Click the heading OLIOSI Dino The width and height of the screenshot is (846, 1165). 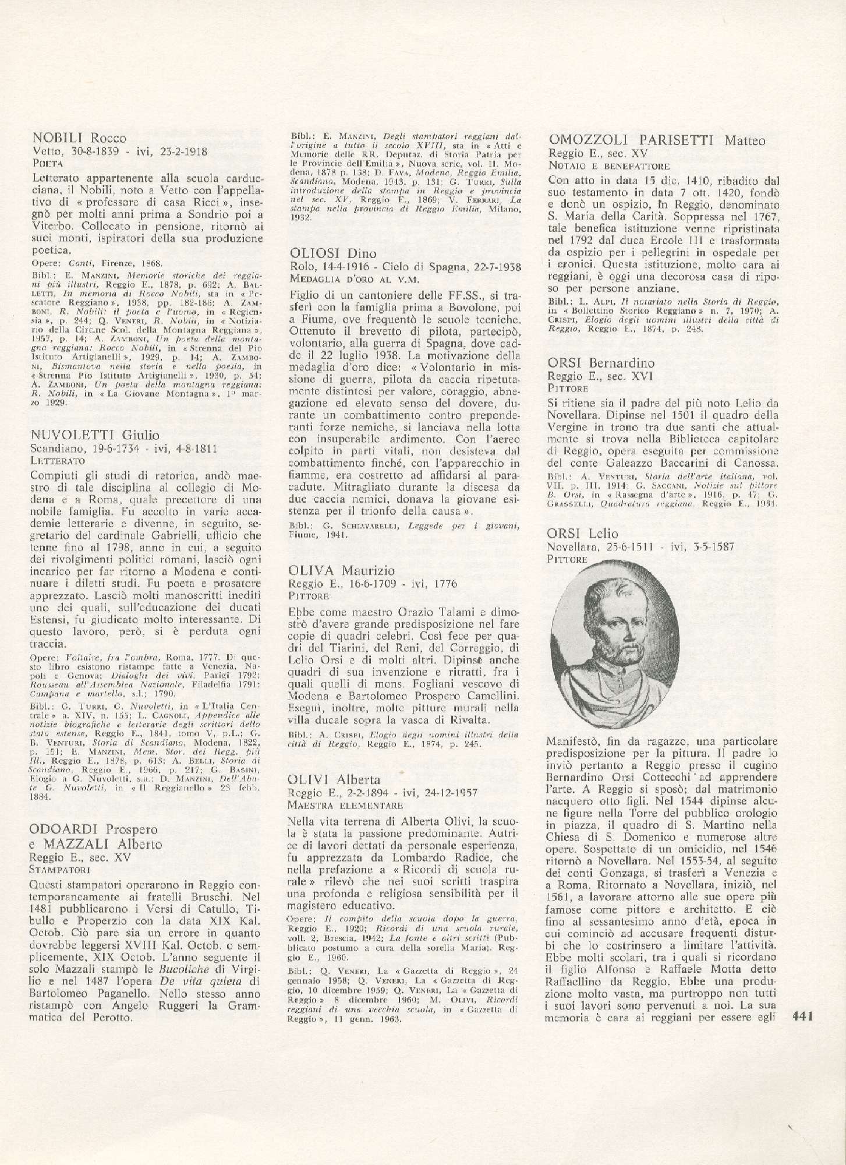(332, 253)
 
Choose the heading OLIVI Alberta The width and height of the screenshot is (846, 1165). (334, 780)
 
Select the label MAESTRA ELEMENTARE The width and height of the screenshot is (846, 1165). (345, 806)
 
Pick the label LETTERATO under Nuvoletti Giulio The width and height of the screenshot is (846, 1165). (56, 460)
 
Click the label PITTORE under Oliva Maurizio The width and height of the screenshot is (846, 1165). (309, 596)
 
